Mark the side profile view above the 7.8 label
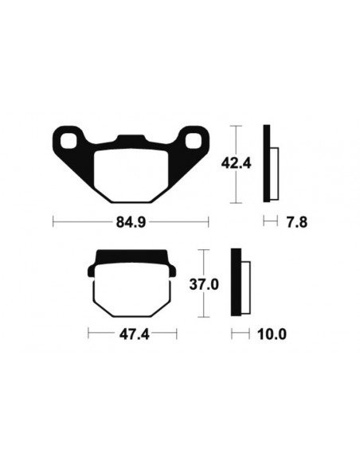point(270,165)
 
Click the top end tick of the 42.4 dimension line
point(236,126)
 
